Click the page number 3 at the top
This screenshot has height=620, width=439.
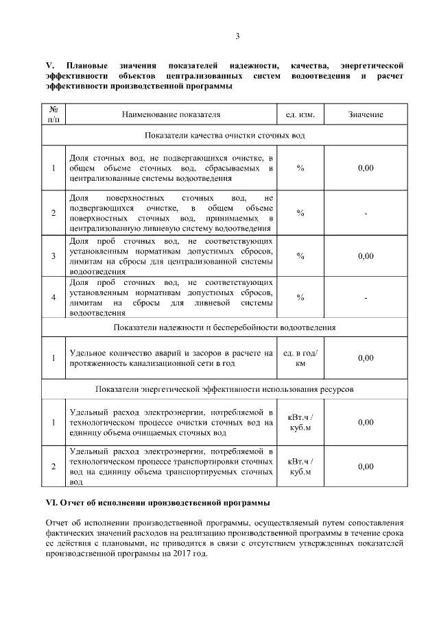[237, 36]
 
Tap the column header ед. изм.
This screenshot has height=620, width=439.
[300, 114]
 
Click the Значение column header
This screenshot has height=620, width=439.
[366, 114]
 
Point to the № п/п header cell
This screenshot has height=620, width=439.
[54, 114]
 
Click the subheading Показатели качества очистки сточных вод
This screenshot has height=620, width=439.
[224, 136]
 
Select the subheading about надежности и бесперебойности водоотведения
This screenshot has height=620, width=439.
[224, 327]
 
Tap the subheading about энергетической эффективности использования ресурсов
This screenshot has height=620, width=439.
[224, 389]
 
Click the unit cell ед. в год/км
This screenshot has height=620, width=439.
[300, 358]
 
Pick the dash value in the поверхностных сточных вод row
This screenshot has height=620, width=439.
[366, 213]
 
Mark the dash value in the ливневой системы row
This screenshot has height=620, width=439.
[366, 297]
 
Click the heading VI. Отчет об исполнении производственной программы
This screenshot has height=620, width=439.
[153, 503]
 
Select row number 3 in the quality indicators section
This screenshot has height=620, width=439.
[54, 256]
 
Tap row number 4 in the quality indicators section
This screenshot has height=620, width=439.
[54, 297]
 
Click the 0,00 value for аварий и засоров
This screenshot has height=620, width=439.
[366, 358]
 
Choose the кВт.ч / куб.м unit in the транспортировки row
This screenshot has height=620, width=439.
[300, 467]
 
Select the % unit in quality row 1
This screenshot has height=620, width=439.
[300, 169]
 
